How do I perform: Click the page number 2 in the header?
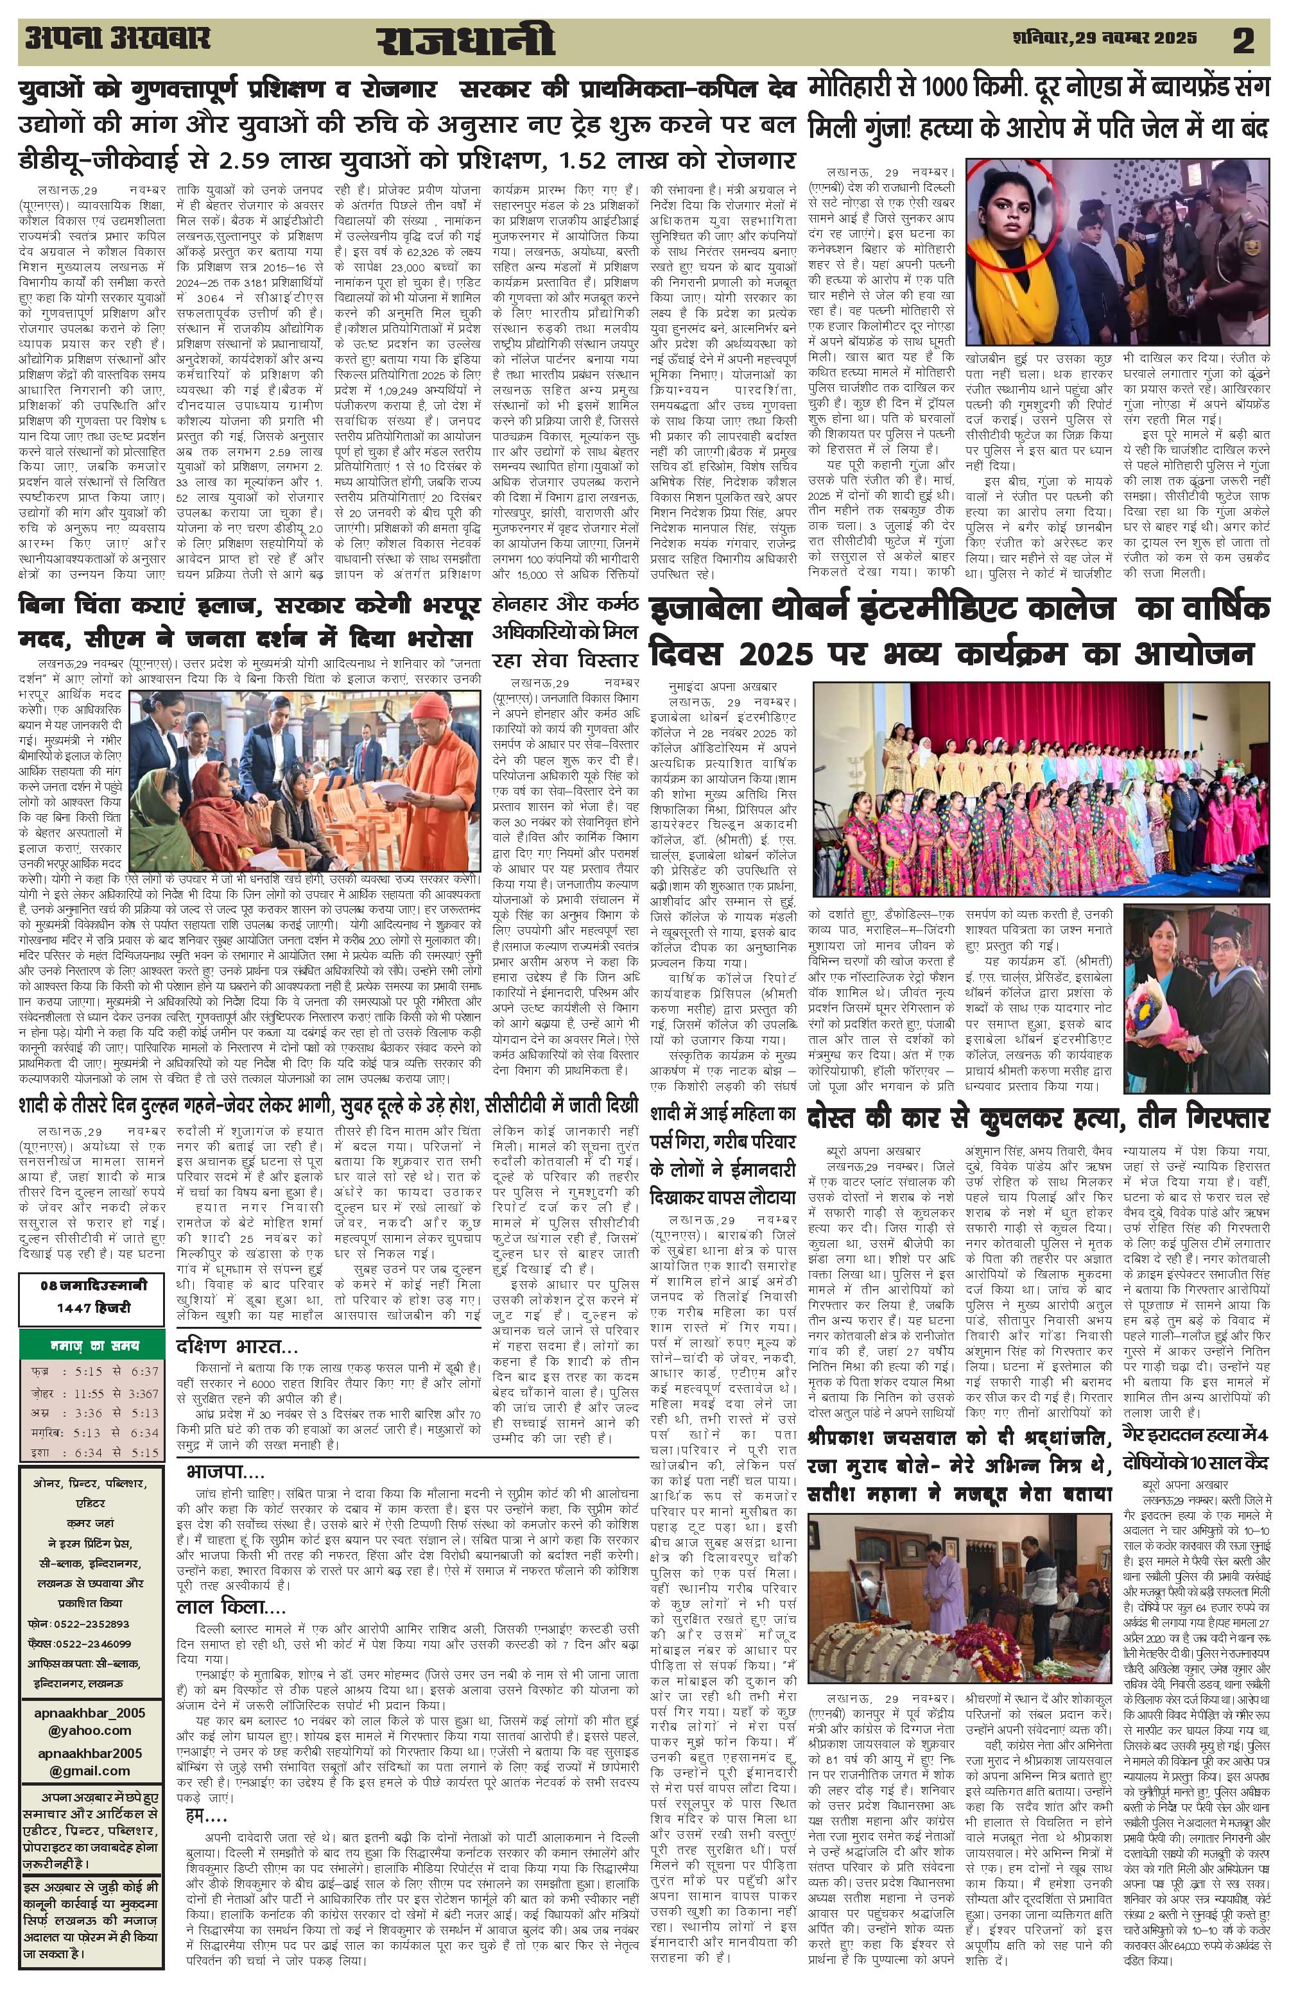[1243, 41]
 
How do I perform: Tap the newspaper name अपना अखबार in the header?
[119, 39]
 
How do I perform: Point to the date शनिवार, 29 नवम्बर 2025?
[1104, 38]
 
